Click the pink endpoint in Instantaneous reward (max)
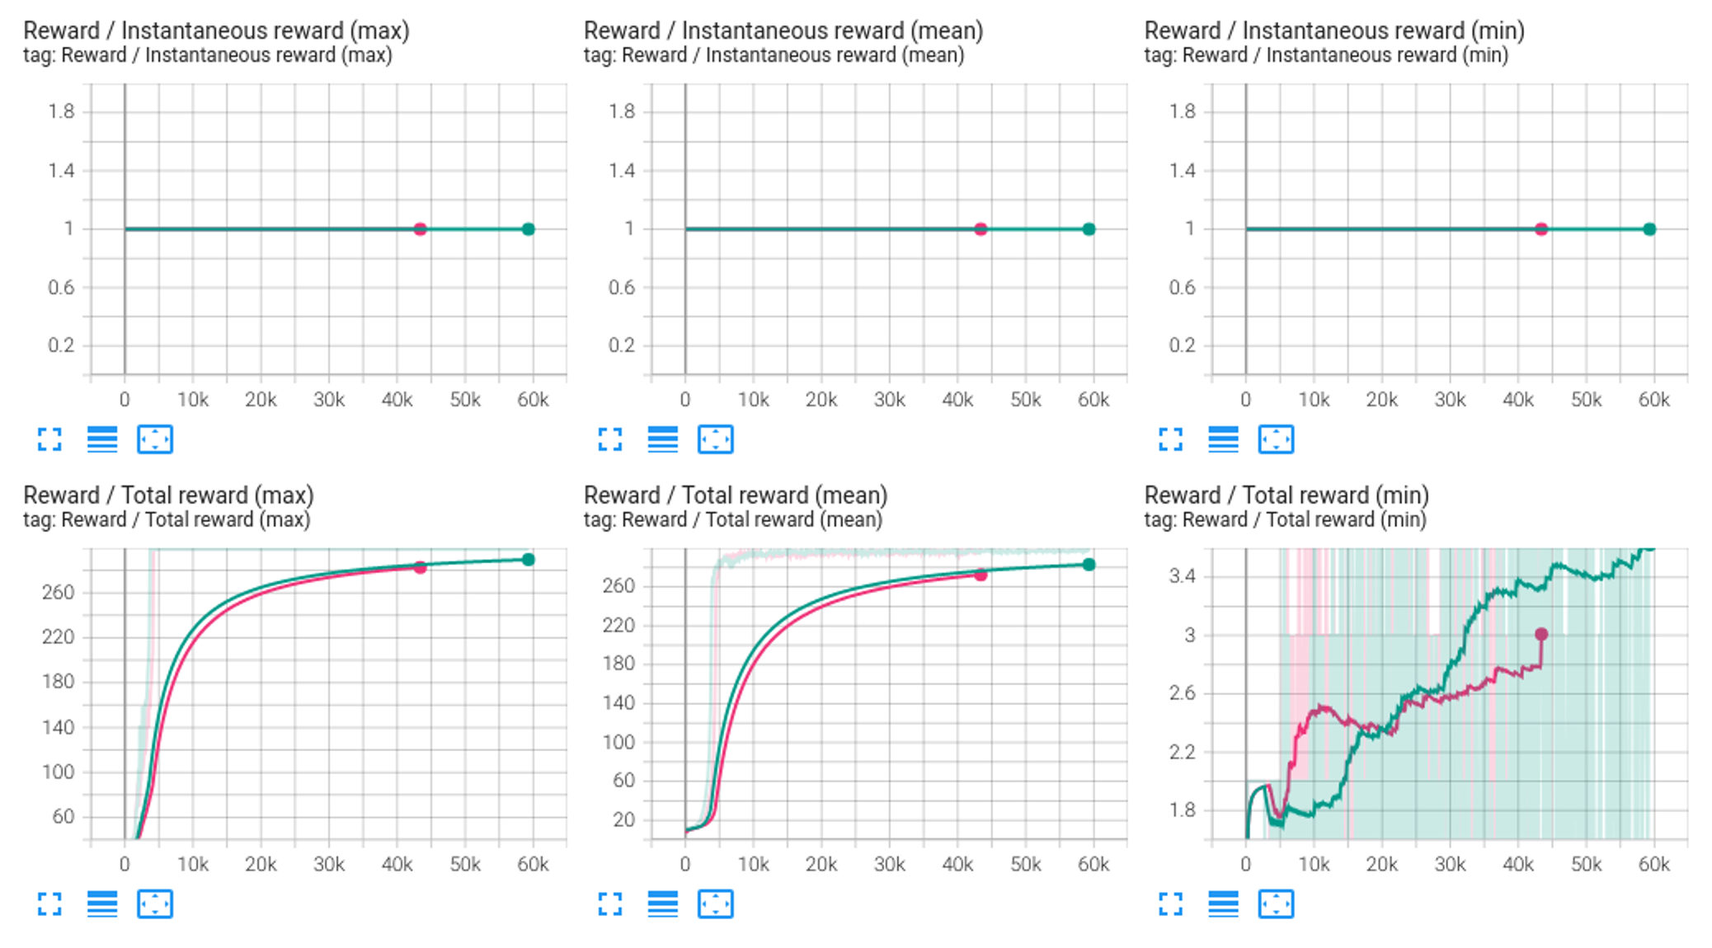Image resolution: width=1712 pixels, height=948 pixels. point(420,229)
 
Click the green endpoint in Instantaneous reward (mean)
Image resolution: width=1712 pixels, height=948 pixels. point(1089,229)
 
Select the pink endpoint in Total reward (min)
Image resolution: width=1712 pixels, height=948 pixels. point(1541,634)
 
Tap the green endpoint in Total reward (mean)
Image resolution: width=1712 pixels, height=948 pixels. point(1089,565)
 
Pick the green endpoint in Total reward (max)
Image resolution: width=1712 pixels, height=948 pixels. point(529,560)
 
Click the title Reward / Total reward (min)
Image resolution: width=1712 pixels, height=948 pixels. point(1286,495)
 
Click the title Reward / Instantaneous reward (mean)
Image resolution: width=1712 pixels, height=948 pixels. point(783,31)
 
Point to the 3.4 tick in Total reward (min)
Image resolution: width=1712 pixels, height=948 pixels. point(1182,575)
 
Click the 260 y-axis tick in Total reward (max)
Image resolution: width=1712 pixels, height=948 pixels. point(58,592)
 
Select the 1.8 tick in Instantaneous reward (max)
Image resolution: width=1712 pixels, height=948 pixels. point(61,111)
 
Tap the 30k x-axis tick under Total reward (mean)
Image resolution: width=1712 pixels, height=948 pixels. point(889,864)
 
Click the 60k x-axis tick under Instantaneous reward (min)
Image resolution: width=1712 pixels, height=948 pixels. point(1653,400)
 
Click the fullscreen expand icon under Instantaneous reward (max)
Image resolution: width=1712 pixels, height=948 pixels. point(49,439)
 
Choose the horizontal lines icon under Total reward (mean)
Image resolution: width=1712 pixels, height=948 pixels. point(662,904)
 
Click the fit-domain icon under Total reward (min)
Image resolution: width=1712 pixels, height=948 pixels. point(1276,904)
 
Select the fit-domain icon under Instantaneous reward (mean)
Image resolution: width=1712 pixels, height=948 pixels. point(715,439)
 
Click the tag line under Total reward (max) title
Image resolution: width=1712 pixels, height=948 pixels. point(167,519)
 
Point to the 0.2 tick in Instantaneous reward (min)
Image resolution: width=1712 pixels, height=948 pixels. point(1182,345)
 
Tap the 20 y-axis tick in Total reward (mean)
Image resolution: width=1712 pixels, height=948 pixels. point(624,819)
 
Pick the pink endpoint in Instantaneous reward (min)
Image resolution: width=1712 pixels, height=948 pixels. point(1541,229)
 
